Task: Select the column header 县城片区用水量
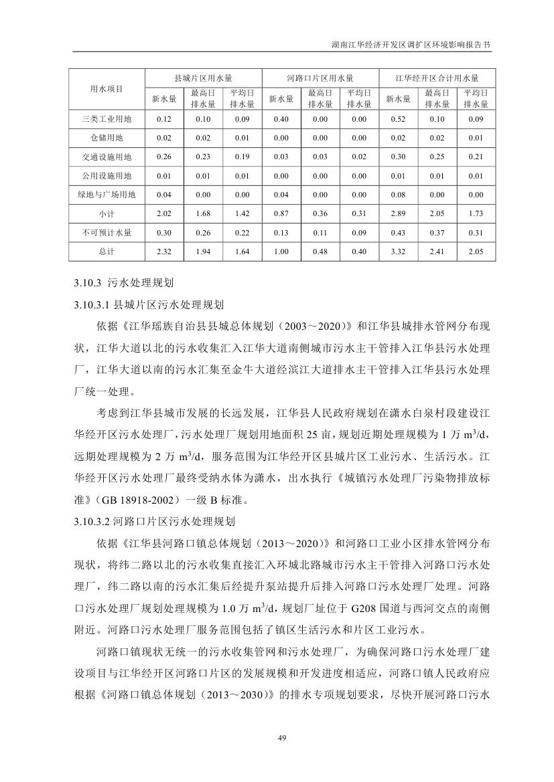pos(202,78)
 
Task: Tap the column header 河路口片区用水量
pos(320,78)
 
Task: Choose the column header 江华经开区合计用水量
pos(437,78)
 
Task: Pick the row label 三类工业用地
pos(107,119)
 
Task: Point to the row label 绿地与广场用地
pos(107,195)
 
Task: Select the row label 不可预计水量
pos(107,232)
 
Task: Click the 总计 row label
pos(107,251)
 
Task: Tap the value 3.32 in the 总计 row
pos(398,251)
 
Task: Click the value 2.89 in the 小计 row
pos(398,213)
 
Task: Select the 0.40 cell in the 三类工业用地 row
pos(281,119)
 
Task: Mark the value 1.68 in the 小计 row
pos(202,213)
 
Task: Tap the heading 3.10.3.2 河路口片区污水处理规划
pos(153,519)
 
